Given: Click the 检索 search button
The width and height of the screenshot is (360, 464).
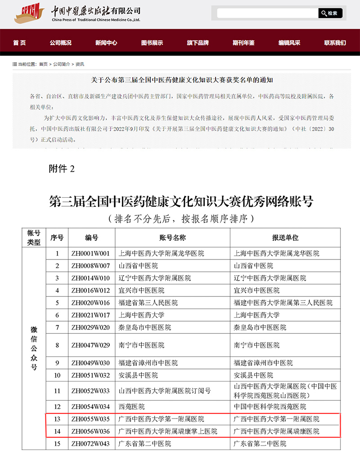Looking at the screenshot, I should click(x=330, y=13).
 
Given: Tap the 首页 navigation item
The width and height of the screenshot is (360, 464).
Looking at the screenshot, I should click(x=19, y=43).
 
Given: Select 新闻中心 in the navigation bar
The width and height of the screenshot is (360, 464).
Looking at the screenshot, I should click(x=106, y=43).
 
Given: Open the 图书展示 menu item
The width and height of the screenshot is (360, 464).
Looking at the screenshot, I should click(x=152, y=43).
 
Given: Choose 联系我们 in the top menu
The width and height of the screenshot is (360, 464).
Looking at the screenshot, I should click(x=335, y=43).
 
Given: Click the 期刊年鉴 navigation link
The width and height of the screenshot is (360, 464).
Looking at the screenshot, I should click(x=243, y=43).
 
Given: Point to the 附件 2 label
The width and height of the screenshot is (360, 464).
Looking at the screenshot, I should click(x=61, y=169).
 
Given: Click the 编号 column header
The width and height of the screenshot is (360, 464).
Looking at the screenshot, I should click(x=91, y=237).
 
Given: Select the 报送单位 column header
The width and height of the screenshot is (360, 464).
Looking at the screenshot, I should click(x=285, y=237).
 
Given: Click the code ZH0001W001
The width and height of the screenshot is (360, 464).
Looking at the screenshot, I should click(x=90, y=254).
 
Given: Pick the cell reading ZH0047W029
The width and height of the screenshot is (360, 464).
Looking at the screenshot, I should click(x=90, y=346).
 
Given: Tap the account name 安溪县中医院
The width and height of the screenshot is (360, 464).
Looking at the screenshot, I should click(x=138, y=375).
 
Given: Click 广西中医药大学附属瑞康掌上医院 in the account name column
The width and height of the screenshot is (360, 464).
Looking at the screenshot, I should click(x=167, y=431).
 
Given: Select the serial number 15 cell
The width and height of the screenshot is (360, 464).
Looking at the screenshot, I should click(x=57, y=444).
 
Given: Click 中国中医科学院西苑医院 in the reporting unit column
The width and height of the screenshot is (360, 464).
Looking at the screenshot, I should click(x=270, y=407).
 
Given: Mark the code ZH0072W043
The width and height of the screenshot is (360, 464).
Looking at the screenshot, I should click(x=90, y=444).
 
